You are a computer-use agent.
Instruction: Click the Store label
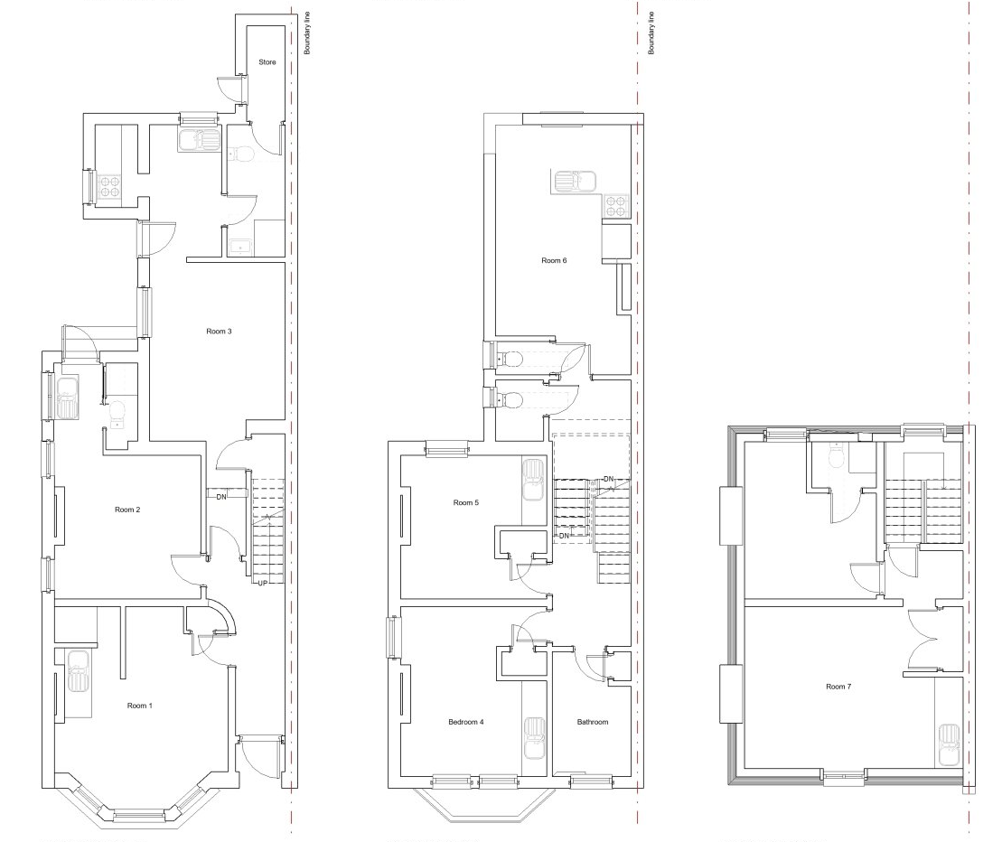pos(267,62)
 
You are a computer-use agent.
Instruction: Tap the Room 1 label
pos(139,706)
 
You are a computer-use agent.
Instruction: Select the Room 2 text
pos(127,510)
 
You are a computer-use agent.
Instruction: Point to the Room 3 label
pos(219,331)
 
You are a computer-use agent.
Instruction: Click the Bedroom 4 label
pos(465,722)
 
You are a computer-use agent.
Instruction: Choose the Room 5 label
pos(465,502)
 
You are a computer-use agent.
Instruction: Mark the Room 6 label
pos(553,260)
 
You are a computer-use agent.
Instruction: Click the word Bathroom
pos(593,722)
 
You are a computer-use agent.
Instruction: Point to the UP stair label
pos(262,583)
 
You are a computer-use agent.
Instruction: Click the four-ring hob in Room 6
pos(615,206)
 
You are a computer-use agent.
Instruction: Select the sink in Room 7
pos(949,745)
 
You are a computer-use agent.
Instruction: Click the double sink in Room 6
pos(576,182)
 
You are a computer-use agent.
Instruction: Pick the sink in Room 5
pos(533,480)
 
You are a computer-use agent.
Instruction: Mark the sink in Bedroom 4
pos(535,738)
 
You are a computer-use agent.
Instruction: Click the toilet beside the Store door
pos(241,154)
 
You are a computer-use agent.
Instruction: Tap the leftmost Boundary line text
pos(306,33)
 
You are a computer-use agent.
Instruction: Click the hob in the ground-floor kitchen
pos(109,185)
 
